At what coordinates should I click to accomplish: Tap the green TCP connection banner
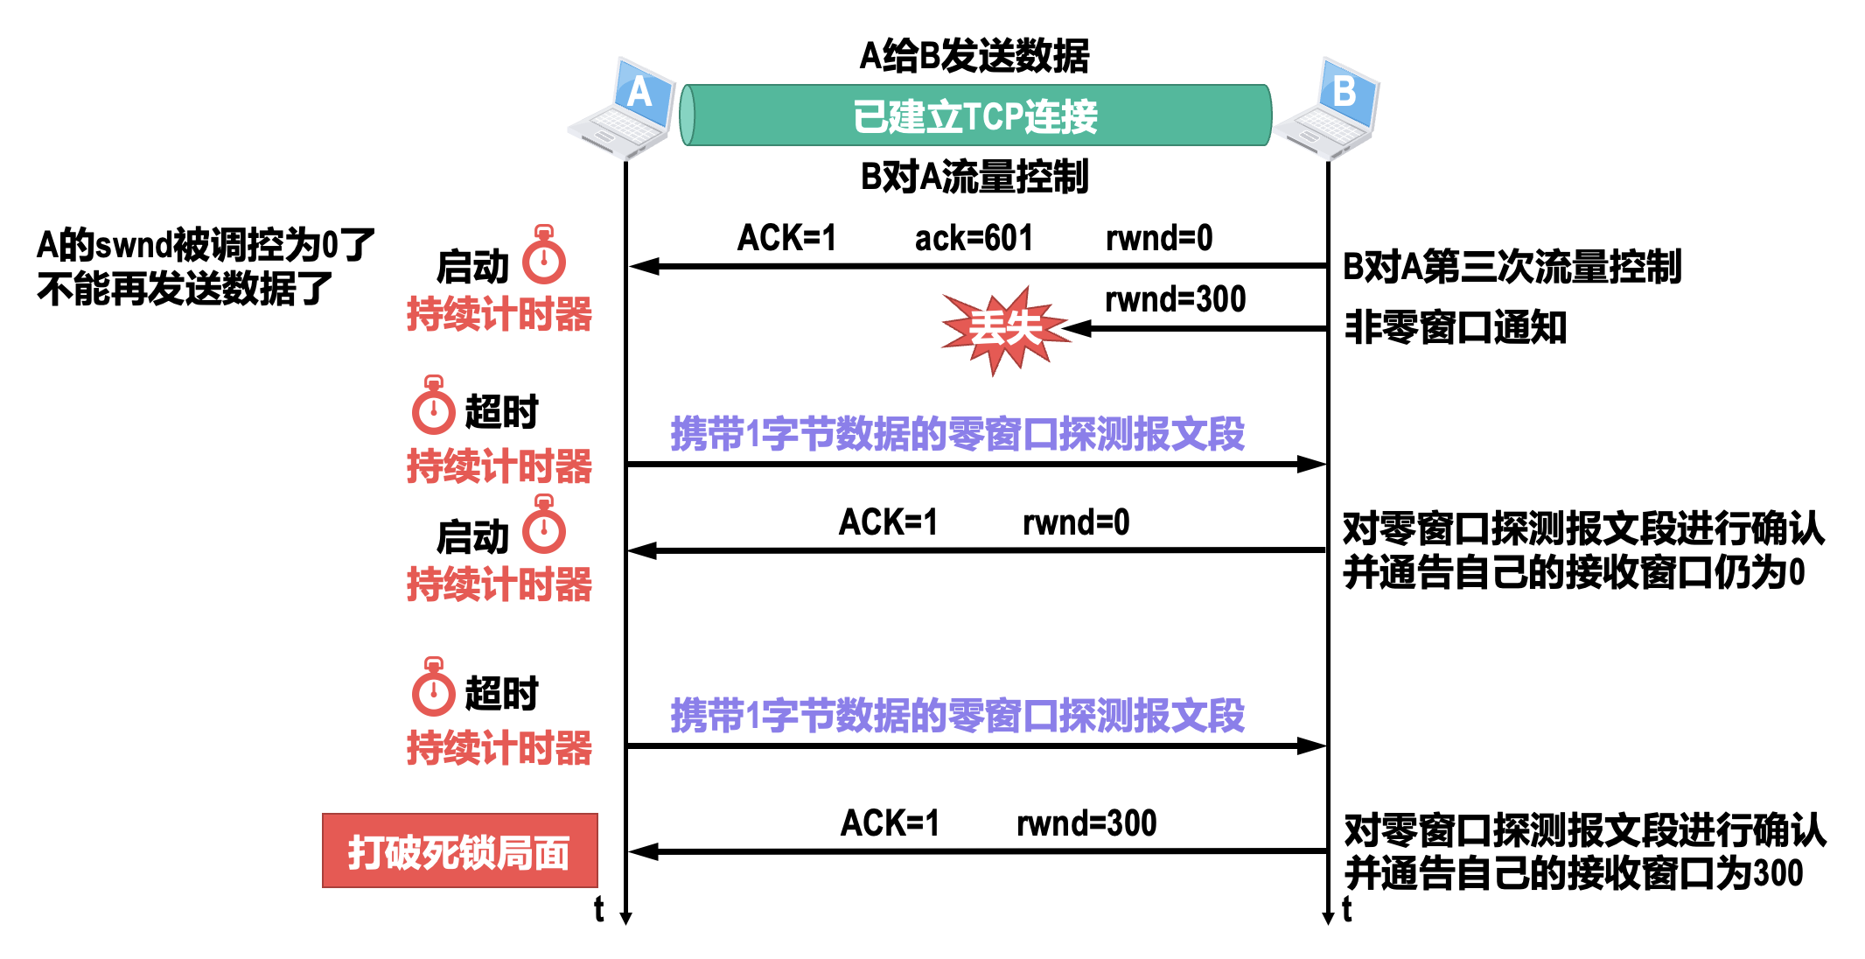pyautogui.click(x=974, y=115)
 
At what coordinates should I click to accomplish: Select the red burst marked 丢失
pyautogui.click(x=1005, y=329)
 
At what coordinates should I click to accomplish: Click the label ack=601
pyautogui.click(x=974, y=238)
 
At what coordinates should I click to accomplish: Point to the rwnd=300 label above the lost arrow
pyautogui.click(x=1175, y=299)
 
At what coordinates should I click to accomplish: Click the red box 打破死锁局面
pyautogui.click(x=459, y=851)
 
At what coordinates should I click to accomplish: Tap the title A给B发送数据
pyautogui.click(x=974, y=56)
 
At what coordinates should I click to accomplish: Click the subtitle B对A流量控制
pyautogui.click(x=974, y=177)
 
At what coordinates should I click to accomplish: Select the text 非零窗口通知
pyautogui.click(x=1455, y=328)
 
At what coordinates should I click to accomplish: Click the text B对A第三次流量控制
pyautogui.click(x=1512, y=267)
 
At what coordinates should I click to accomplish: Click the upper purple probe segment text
pyautogui.click(x=957, y=434)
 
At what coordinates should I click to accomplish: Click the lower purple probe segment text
pyautogui.click(x=957, y=716)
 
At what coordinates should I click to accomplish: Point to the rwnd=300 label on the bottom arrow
pyautogui.click(x=1086, y=823)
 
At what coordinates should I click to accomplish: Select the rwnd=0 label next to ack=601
pyautogui.click(x=1159, y=238)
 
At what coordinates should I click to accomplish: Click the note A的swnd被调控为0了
pyautogui.click(x=206, y=245)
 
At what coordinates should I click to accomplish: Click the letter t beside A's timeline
pyautogui.click(x=598, y=909)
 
